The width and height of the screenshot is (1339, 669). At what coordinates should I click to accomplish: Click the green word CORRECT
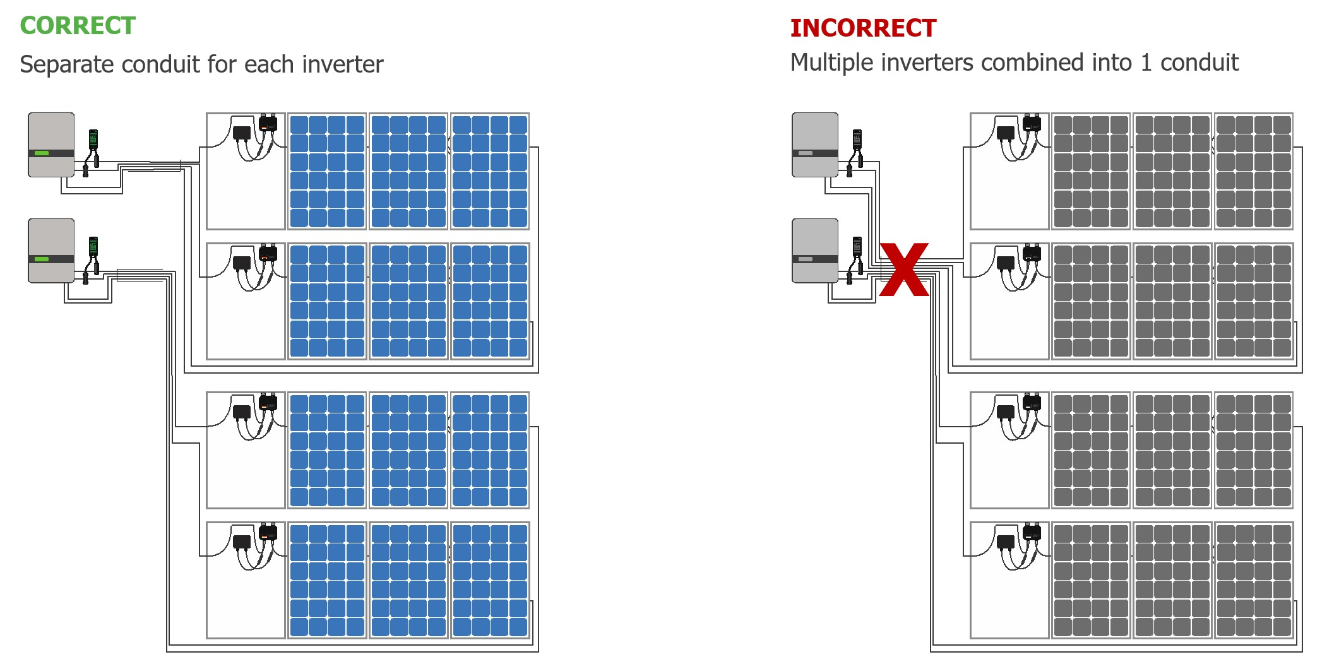78,26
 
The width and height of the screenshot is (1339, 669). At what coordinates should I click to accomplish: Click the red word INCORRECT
863,28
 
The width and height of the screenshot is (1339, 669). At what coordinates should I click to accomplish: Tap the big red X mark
904,269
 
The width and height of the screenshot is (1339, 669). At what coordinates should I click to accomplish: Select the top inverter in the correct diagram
51,145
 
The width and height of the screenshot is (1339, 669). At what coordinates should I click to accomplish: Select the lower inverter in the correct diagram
51,251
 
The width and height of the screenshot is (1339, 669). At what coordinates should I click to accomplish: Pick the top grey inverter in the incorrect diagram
815,145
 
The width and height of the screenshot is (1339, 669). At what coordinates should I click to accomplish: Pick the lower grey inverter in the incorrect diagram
815,251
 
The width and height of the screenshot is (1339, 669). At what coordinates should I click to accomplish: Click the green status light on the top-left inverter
42,153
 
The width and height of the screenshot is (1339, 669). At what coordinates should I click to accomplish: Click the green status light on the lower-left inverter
42,259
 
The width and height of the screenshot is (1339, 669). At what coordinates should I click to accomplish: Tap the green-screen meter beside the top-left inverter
93,139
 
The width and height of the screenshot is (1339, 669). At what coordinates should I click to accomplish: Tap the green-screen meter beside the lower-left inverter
93,246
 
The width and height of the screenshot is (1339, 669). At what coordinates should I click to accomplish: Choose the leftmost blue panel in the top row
327,171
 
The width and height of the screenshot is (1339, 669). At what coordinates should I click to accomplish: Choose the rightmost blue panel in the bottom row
490,580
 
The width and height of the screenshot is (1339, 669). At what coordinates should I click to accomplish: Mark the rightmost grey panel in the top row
1254,171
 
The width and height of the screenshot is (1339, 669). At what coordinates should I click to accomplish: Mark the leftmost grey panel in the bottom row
1091,580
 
